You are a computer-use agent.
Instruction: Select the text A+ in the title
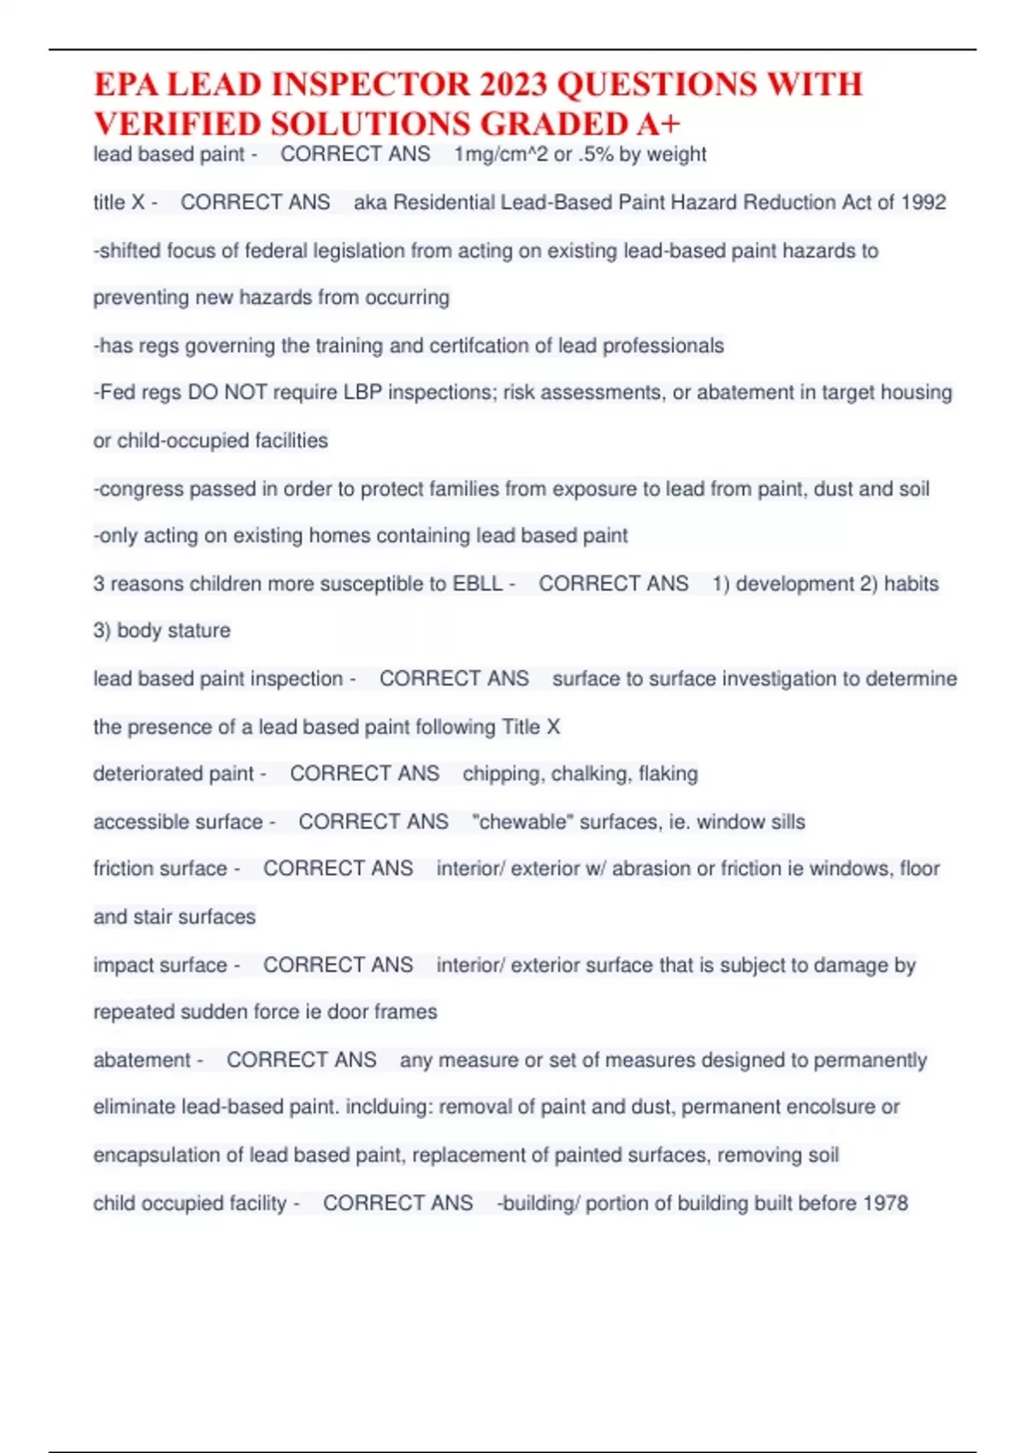pyautogui.click(x=658, y=124)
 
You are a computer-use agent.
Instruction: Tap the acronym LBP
pyautogui.click(x=363, y=392)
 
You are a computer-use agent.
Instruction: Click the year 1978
pyautogui.click(x=885, y=1203)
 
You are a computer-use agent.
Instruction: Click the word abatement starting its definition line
pyautogui.click(x=142, y=1060)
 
